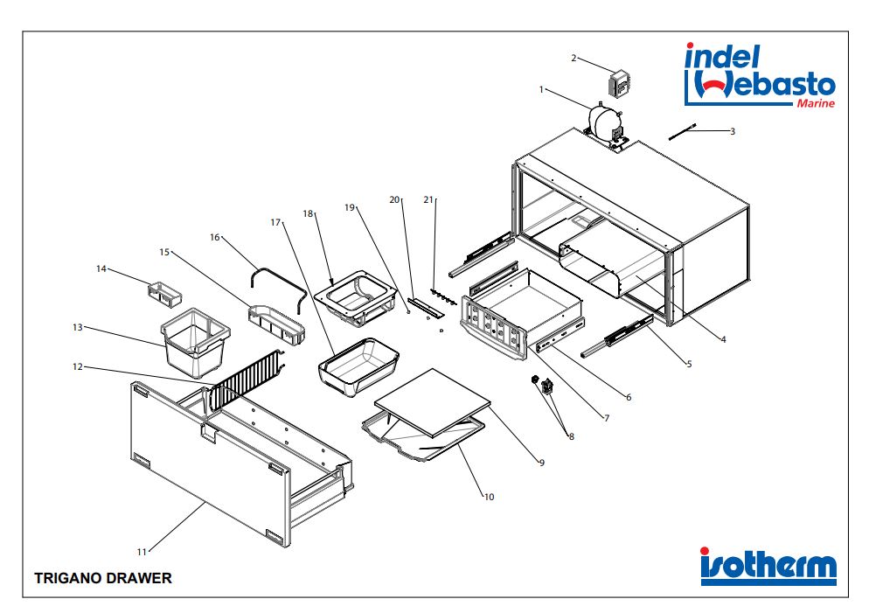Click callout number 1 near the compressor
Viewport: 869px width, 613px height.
click(x=542, y=89)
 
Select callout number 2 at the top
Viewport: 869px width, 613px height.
click(x=574, y=59)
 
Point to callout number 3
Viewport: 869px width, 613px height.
click(x=733, y=132)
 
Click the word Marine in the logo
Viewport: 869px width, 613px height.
click(x=815, y=103)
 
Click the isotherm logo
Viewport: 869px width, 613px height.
click(x=768, y=566)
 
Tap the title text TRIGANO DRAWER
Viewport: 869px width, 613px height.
click(x=103, y=578)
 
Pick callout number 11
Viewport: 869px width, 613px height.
click(x=141, y=551)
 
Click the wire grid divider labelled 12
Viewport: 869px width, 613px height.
click(x=247, y=374)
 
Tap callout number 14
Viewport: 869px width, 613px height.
click(x=101, y=269)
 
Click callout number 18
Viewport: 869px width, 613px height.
click(x=307, y=213)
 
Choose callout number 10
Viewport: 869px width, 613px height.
click(x=489, y=497)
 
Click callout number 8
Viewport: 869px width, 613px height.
click(x=571, y=436)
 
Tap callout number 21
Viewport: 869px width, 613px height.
click(x=428, y=200)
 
